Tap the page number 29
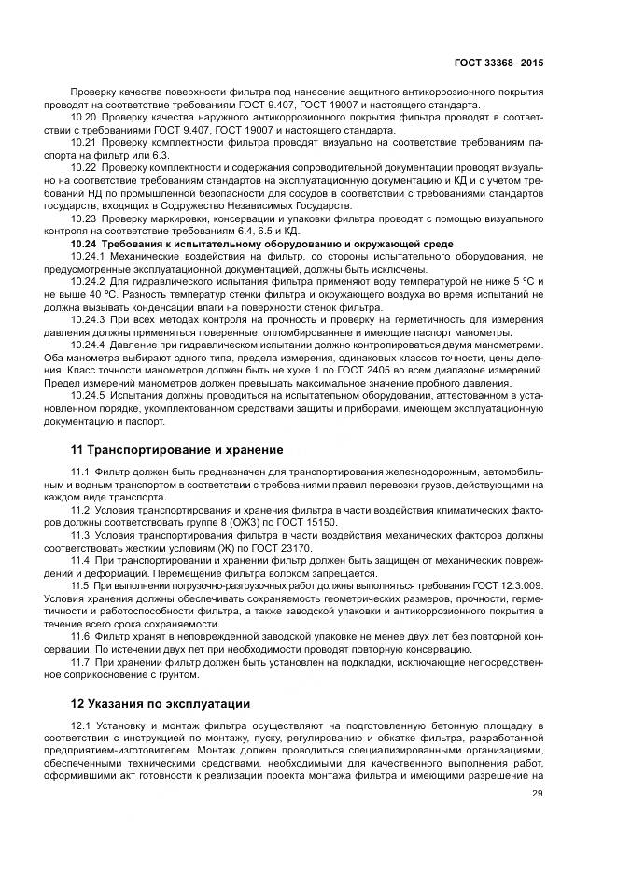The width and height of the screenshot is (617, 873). pyautogui.click(x=538, y=795)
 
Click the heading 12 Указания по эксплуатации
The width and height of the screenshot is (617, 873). pyautogui.click(x=161, y=703)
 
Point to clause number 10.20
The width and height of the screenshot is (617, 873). pyautogui.click(x=85, y=119)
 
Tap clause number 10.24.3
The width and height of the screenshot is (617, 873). pyautogui.click(x=90, y=320)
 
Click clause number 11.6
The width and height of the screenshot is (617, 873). pyautogui.click(x=81, y=635)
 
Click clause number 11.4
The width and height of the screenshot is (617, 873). pyautogui.click(x=81, y=560)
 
